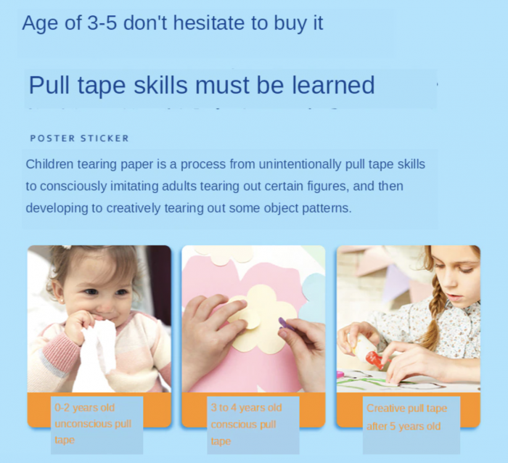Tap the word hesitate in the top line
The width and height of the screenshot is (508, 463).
(x=211, y=23)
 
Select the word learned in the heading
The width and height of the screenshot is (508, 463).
(x=333, y=86)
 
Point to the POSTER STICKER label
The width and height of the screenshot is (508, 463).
(x=79, y=138)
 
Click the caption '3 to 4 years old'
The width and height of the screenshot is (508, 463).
(x=246, y=408)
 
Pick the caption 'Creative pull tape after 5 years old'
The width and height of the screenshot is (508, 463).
(x=406, y=417)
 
